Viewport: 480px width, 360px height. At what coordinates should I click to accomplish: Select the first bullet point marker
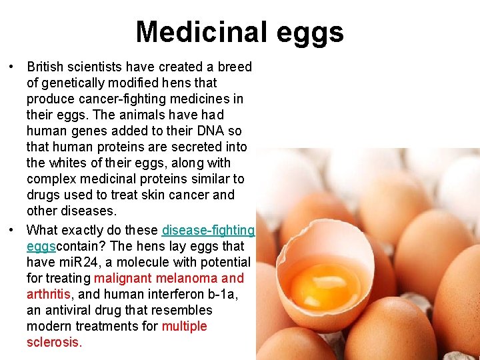(x=12, y=67)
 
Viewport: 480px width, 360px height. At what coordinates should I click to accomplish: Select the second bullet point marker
(x=12, y=231)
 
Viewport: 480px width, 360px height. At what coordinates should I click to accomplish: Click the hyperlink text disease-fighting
(x=208, y=230)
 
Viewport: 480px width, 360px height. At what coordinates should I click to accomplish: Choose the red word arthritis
(x=48, y=294)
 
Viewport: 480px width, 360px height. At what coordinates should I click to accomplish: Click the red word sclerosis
(x=53, y=342)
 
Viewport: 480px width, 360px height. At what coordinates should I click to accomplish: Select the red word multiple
(x=184, y=326)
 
